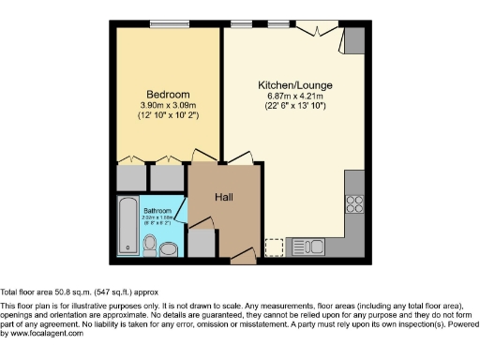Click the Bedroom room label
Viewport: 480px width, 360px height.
point(169,95)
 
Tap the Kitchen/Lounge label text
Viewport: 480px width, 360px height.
point(295,85)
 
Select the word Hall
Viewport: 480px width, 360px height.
point(224,198)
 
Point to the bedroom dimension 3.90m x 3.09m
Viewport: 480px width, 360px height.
point(169,107)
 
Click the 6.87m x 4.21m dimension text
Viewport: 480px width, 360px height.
point(295,97)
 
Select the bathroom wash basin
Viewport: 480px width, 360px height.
point(169,248)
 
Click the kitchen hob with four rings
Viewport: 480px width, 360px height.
point(354,202)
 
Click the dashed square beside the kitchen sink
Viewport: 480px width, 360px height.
point(275,247)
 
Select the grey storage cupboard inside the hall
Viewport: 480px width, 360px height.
point(201,242)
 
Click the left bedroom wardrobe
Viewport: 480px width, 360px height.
point(130,177)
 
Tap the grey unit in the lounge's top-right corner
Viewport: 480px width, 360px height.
point(354,39)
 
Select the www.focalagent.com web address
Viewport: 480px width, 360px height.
point(42,334)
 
